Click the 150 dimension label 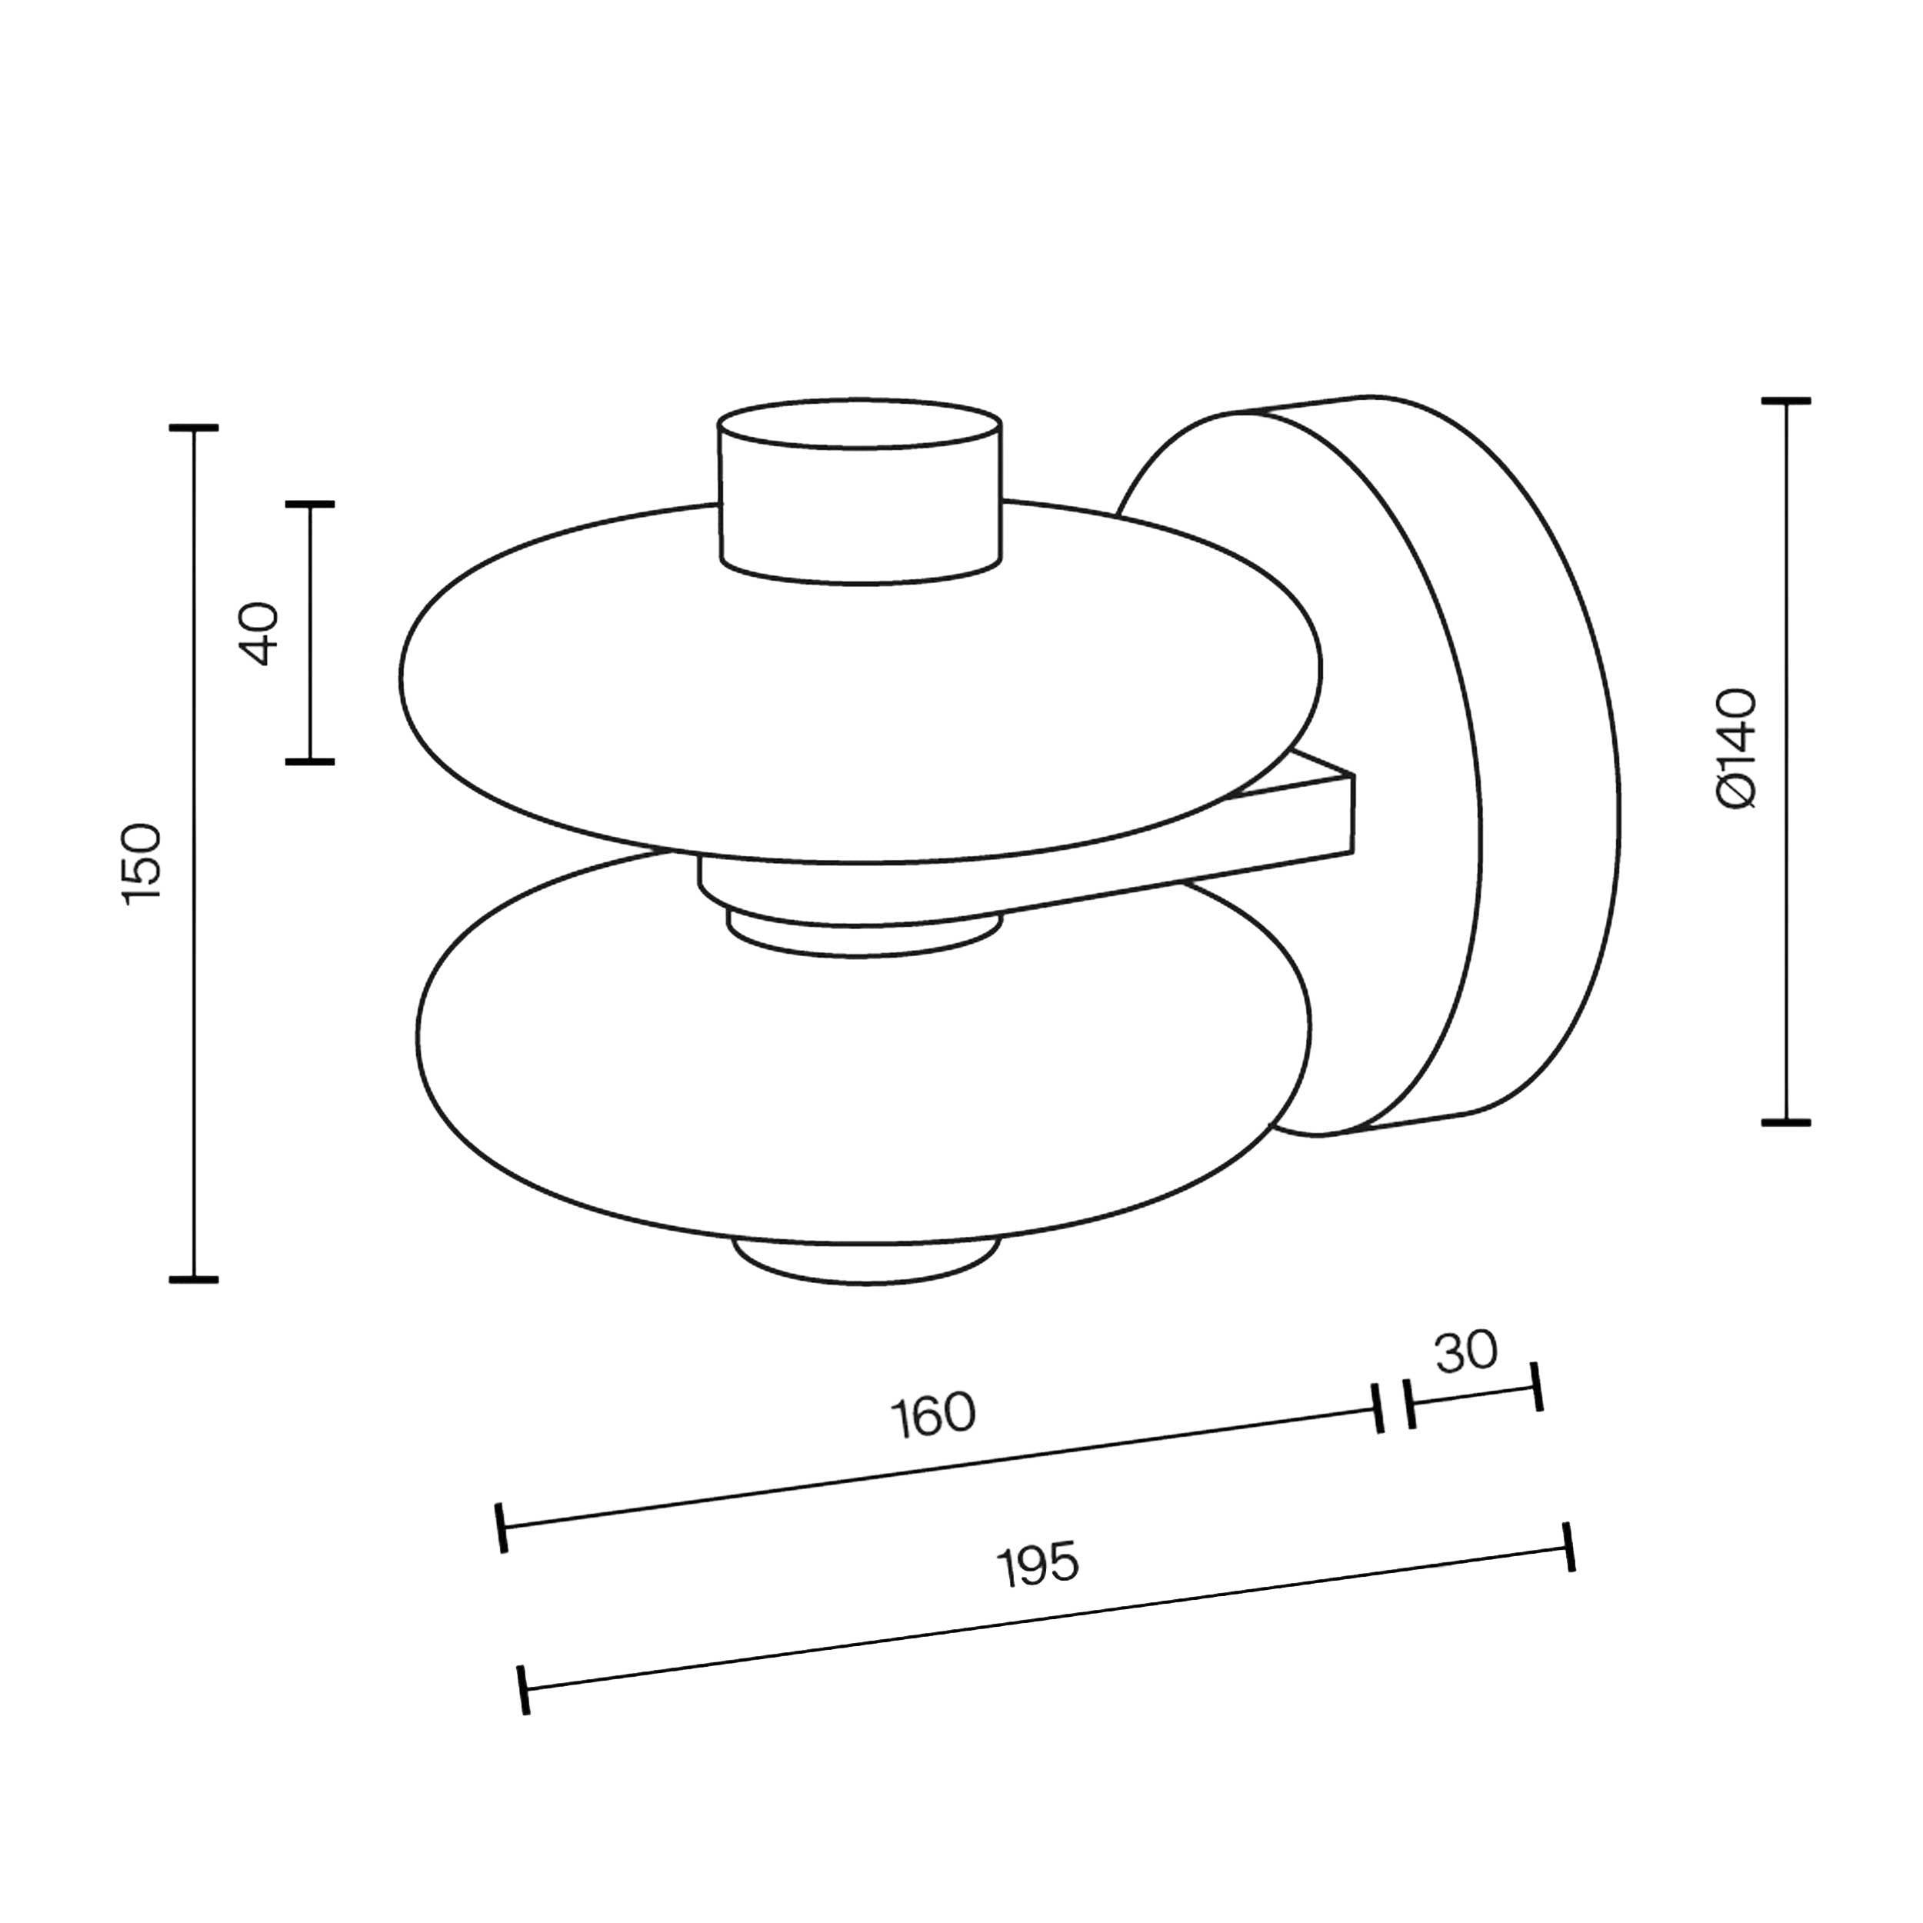[142, 863]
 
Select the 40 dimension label [258, 633]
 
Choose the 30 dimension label [1466, 1351]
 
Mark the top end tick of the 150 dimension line [193, 428]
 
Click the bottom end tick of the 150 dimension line [193, 1280]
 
